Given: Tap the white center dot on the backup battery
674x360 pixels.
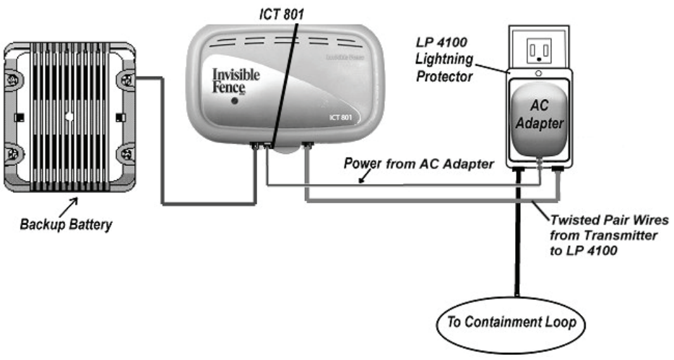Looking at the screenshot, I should click(x=69, y=116).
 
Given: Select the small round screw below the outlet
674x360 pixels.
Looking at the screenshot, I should click(x=539, y=74).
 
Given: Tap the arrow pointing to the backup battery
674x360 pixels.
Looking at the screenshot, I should click(x=72, y=207).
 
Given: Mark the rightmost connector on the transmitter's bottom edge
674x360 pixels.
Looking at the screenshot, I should click(x=308, y=147).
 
